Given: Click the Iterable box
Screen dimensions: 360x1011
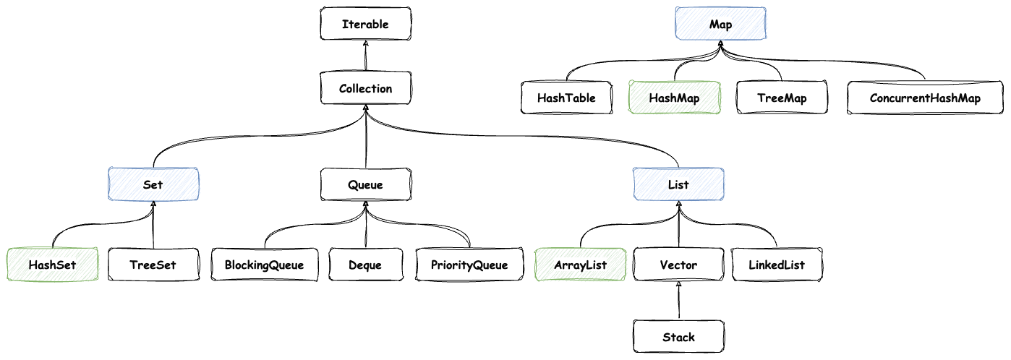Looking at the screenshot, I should click(x=365, y=24).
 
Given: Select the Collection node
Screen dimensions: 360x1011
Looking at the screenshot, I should click(x=366, y=88).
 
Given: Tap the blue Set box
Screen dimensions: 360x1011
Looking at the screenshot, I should click(x=153, y=184).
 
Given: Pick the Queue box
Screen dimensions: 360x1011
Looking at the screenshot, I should click(x=365, y=184).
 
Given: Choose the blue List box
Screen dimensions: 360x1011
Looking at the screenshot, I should click(x=678, y=184).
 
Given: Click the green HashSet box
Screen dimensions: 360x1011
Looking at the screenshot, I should click(x=52, y=265).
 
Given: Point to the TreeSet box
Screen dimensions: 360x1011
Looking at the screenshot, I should click(x=153, y=265).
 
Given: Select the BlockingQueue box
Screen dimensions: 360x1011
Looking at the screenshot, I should click(x=263, y=265).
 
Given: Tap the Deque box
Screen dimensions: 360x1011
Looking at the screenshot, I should click(x=365, y=265).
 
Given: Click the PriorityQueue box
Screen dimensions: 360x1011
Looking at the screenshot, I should click(x=469, y=265).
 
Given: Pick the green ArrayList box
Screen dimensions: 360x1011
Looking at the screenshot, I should click(x=580, y=265).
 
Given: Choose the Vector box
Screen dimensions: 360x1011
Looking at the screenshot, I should click(x=678, y=265).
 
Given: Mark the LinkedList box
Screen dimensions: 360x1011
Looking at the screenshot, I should click(x=777, y=265).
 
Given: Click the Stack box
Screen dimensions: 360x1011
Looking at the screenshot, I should click(x=678, y=336).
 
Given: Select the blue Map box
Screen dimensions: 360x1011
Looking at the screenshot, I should click(x=720, y=25).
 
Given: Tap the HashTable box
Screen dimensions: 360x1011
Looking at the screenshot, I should click(x=566, y=98).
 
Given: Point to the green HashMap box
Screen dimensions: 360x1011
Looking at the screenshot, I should click(x=674, y=98).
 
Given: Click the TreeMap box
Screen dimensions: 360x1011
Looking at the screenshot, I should click(x=782, y=98).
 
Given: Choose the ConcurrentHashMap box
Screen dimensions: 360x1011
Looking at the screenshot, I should click(x=925, y=98).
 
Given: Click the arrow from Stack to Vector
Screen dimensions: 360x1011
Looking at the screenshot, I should click(x=678, y=301).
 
